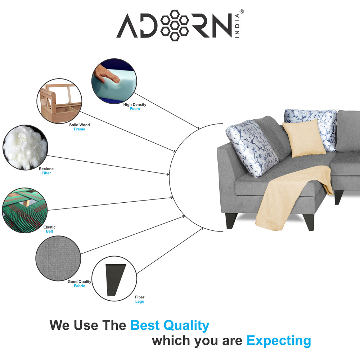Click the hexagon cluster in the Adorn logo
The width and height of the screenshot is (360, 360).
click(175, 25)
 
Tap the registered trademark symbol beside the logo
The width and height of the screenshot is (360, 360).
click(242, 12)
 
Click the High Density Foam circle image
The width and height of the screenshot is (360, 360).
click(114, 81)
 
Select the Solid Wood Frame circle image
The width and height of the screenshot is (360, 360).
click(59, 101)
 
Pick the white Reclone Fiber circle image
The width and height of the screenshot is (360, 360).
click(25, 147)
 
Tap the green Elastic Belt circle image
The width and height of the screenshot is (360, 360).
click(25, 210)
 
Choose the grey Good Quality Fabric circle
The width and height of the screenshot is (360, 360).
click(58, 258)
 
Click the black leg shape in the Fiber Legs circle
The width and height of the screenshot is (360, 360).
click(116, 280)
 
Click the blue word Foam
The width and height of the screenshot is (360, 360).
click(135, 109)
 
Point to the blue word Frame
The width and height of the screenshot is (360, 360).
click(80, 129)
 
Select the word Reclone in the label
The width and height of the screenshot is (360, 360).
click(46, 169)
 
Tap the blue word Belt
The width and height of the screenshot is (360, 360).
click(49, 231)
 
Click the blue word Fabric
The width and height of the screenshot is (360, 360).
click(80, 286)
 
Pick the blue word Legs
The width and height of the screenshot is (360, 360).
click(140, 301)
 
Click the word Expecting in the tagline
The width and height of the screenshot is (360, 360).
click(279, 341)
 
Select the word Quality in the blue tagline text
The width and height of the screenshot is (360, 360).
click(186, 325)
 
